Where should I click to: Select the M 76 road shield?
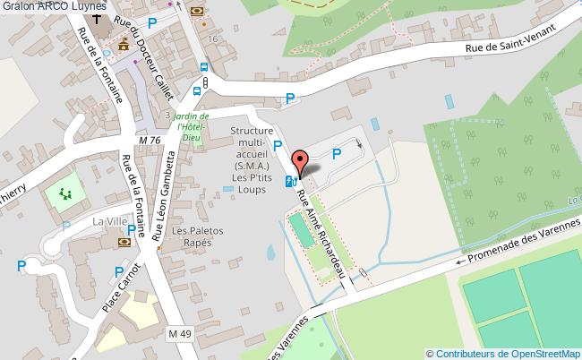[150, 141]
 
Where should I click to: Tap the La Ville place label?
[111, 220]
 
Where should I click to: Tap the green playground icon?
[64, 193]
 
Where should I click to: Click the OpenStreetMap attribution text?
[503, 353]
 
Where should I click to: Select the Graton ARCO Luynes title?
[54, 6]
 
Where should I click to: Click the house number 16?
[212, 39]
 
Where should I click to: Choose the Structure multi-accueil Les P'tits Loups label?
[252, 159]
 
